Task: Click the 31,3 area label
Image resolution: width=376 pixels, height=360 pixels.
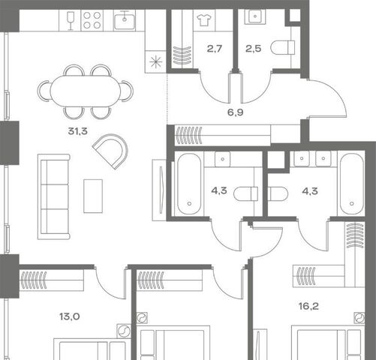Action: (77, 131)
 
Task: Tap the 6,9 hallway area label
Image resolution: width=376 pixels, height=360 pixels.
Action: (235, 112)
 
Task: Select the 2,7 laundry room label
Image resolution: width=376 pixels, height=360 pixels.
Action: (215, 49)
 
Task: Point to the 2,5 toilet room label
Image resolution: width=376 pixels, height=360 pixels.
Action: (253, 49)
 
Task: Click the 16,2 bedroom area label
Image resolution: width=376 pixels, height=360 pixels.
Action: (308, 306)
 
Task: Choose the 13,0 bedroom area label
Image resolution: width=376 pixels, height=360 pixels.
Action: (70, 316)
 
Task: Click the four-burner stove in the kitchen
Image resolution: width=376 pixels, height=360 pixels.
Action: (92, 20)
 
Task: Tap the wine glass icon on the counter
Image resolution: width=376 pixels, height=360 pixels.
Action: (71, 21)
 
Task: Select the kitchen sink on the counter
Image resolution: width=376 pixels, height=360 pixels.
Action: (125, 20)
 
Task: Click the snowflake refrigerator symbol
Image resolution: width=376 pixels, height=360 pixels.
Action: (155, 62)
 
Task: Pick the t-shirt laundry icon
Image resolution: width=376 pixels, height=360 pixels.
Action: (204, 20)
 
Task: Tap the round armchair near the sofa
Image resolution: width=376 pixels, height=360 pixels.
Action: (110, 151)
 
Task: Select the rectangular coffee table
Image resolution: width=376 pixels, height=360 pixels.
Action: (93, 196)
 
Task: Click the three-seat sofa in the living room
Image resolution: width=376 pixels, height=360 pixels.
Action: (53, 196)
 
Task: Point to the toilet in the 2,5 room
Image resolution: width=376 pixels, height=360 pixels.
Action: (283, 47)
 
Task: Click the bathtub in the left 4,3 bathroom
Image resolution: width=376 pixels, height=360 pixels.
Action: (189, 184)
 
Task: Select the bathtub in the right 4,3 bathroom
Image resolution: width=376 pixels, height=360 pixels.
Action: (351, 184)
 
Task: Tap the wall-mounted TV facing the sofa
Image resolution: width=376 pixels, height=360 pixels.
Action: (159, 190)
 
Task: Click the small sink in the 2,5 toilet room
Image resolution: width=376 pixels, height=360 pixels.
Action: (255, 16)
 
